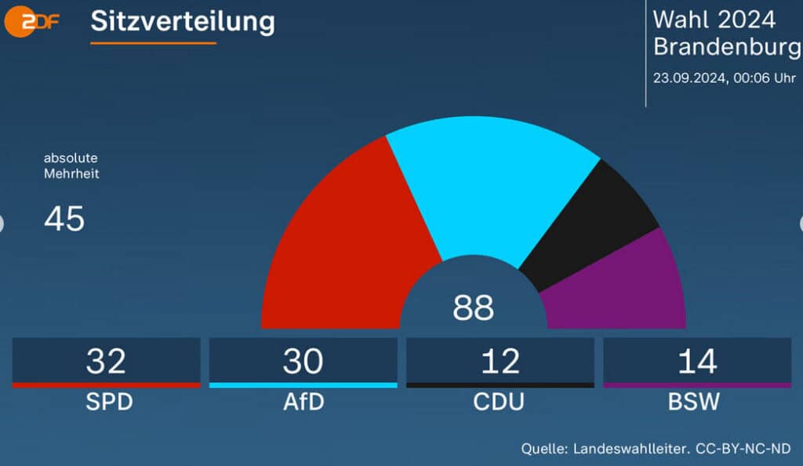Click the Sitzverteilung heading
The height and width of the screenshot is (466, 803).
(182, 21)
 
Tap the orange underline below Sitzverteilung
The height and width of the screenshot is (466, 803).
(153, 42)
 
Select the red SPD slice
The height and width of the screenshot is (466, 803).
(345, 243)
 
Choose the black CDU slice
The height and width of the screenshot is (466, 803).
(596, 224)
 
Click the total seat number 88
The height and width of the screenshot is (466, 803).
(473, 308)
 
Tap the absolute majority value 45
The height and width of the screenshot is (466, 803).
(64, 220)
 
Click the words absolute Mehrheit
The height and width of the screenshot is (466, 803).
(71, 166)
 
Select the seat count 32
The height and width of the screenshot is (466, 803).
(106, 361)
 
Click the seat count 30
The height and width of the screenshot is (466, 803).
(303, 361)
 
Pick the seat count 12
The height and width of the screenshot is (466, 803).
(500, 361)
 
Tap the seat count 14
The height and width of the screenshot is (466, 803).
(696, 361)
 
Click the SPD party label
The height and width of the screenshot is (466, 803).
(106, 402)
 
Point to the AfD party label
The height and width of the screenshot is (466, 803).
(303, 402)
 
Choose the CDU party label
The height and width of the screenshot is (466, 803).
(500, 402)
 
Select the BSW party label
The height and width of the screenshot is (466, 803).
(696, 402)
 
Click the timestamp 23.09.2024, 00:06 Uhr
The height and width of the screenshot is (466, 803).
(724, 78)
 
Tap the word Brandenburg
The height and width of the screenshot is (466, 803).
(727, 47)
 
